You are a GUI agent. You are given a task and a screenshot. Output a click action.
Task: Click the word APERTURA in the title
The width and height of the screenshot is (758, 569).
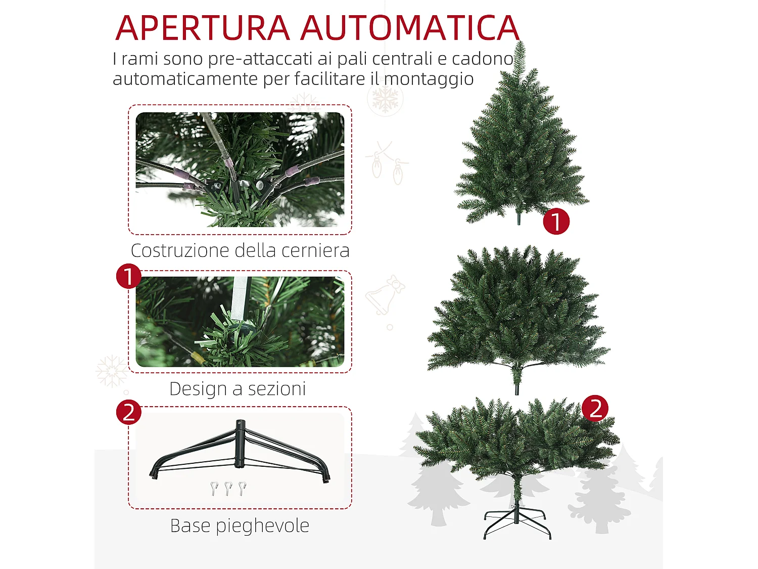click(x=203, y=28)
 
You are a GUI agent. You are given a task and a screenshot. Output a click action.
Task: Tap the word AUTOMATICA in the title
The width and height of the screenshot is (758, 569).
click(x=410, y=28)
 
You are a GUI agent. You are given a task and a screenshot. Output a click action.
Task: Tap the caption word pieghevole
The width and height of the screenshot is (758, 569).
click(x=262, y=526)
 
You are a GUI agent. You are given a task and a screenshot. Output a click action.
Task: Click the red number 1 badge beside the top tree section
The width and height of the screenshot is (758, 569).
click(x=556, y=222)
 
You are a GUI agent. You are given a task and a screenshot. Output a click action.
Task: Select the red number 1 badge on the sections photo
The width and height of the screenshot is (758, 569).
click(x=129, y=276)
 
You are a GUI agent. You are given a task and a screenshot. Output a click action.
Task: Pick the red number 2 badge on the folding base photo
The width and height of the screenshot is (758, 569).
click(x=129, y=412)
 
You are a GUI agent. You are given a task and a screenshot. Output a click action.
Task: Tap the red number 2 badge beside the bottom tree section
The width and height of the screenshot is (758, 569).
click(x=595, y=408)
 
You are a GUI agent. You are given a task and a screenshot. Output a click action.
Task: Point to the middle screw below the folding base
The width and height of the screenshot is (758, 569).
click(x=228, y=489)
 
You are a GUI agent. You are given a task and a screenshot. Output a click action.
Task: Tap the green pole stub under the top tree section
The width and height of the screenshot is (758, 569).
click(x=519, y=218)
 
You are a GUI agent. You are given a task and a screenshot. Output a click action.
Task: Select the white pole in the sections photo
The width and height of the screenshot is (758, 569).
click(x=241, y=298)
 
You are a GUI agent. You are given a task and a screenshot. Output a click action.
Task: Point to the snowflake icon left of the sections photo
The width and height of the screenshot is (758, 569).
click(x=112, y=371)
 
